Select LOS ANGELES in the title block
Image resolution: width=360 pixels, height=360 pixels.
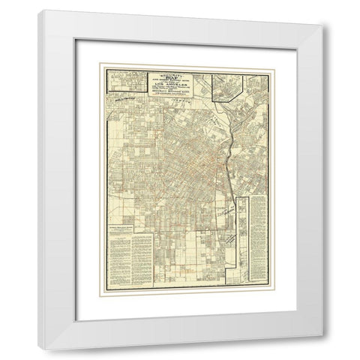(x=172, y=85)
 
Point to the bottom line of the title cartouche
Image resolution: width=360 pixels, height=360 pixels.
(x=172, y=99)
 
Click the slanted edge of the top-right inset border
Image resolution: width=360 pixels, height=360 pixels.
(x=217, y=97)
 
